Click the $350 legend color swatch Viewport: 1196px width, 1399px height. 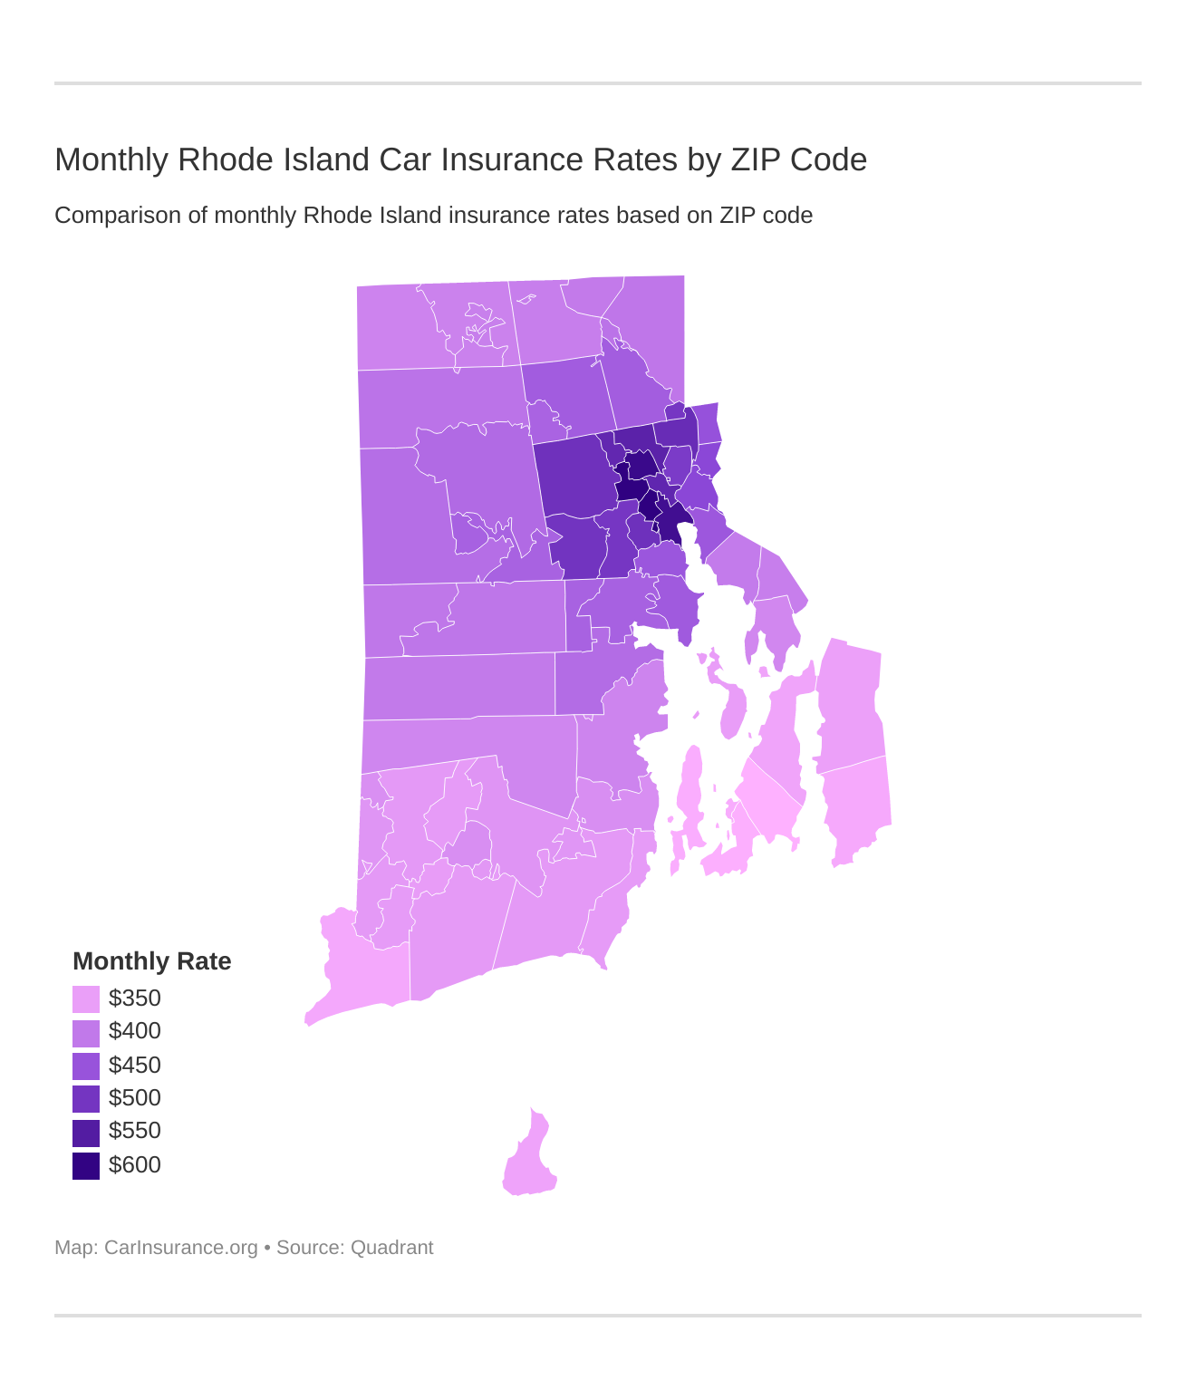[86, 999]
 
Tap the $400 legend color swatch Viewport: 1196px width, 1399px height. [86, 1033]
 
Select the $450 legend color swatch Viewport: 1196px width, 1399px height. [86, 1066]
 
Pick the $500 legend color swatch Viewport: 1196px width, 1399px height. [86, 1099]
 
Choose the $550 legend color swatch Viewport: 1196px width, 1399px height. [86, 1133]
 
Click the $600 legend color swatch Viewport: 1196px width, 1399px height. [86, 1165]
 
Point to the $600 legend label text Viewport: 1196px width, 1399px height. [135, 1164]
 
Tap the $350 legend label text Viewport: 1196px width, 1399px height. [135, 999]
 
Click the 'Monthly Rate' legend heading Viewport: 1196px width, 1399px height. [152, 961]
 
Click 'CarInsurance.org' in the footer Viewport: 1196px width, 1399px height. [181, 1248]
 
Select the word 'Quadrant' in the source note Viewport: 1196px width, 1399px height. [391, 1248]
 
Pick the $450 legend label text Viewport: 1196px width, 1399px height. [135, 1065]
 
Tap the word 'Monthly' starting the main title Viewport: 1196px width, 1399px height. [111, 160]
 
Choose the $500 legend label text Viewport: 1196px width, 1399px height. [135, 1098]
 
